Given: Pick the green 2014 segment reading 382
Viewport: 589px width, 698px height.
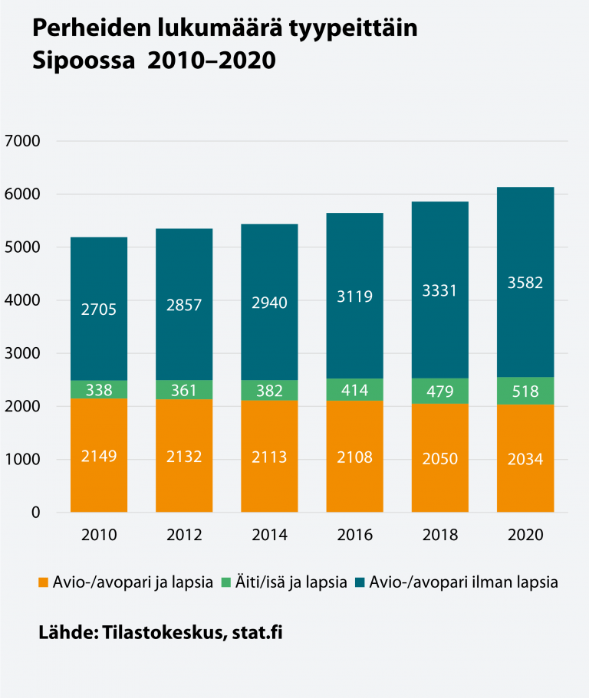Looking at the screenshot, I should (269, 390).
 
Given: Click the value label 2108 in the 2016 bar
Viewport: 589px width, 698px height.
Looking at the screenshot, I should (354, 457).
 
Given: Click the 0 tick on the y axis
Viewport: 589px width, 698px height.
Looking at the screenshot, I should (35, 513).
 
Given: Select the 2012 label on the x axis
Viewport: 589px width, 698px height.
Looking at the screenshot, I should (184, 535).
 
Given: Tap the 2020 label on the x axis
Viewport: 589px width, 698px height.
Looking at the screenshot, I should (525, 535).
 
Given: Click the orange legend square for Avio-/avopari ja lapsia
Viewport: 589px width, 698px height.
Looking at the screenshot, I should (44, 582).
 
